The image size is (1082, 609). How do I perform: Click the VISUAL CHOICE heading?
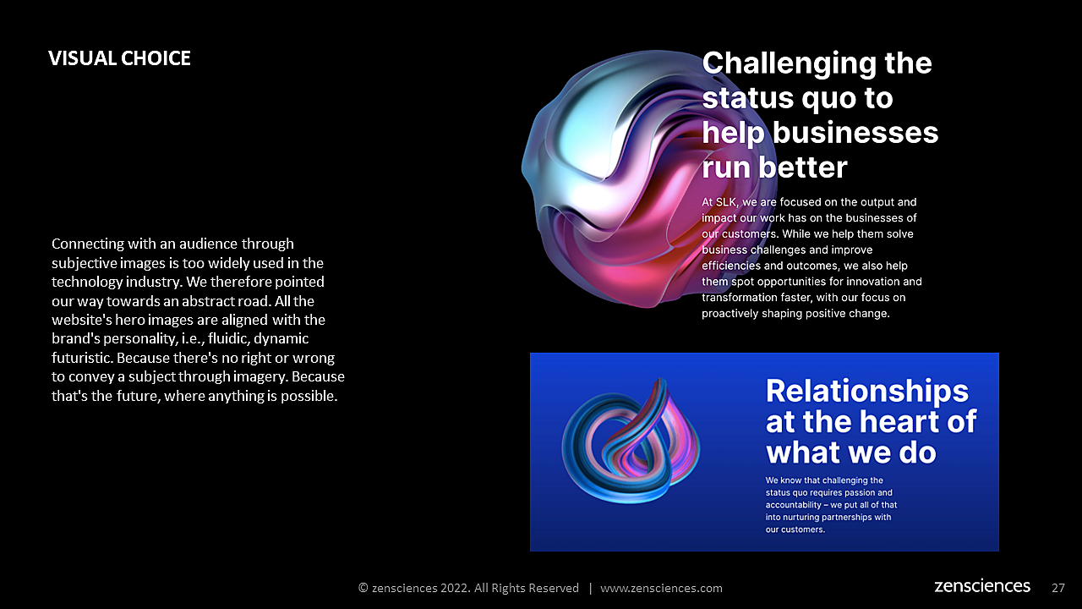pos(119,58)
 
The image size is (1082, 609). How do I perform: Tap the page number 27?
pos(1057,588)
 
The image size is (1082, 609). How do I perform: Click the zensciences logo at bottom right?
pos(982,586)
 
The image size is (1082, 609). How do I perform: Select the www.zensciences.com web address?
pos(661,588)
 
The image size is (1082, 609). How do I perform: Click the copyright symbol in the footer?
pos(363,588)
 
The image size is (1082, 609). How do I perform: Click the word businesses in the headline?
pos(855,133)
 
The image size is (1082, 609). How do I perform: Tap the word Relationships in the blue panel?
pos(867,392)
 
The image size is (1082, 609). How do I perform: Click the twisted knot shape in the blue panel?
pos(631,441)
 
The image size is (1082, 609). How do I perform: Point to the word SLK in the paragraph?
pos(726,202)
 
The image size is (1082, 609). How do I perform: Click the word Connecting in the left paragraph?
pos(88,244)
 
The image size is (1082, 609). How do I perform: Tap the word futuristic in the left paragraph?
pos(82,358)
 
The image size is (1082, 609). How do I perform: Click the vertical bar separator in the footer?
pos(590,588)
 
